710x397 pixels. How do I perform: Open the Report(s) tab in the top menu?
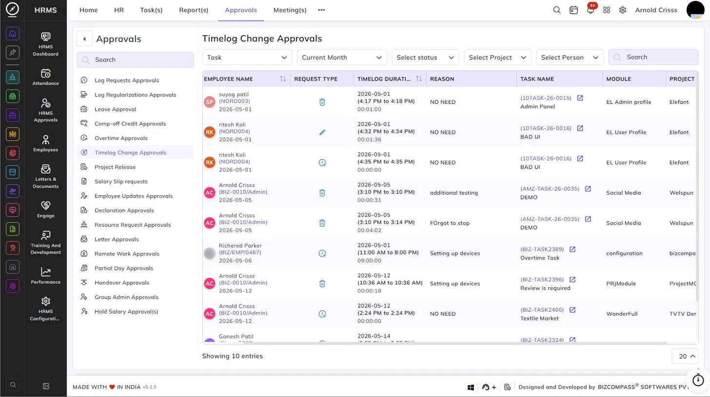193,10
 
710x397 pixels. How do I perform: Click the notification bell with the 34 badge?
590,10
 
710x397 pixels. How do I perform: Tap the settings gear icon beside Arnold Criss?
623,10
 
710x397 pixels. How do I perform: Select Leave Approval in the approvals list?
116,109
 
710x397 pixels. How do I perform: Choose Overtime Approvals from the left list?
121,138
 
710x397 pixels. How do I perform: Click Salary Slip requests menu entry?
121,181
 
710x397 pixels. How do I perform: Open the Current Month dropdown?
342,58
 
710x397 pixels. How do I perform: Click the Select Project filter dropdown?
497,58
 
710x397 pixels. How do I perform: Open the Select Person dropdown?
570,58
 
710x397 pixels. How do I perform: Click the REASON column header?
442,79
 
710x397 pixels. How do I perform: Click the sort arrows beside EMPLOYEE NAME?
283,79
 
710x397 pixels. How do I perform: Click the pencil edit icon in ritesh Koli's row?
322,132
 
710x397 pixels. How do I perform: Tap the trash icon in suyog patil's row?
322,102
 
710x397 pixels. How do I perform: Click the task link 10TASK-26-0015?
546,98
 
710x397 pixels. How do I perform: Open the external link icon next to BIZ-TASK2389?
572,249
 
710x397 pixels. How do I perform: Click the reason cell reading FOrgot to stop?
450,223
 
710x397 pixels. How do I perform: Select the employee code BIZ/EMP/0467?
240,253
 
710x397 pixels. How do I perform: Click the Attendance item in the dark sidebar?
46,77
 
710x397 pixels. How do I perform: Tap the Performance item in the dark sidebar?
46,276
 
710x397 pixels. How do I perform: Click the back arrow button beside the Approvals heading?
84,39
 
